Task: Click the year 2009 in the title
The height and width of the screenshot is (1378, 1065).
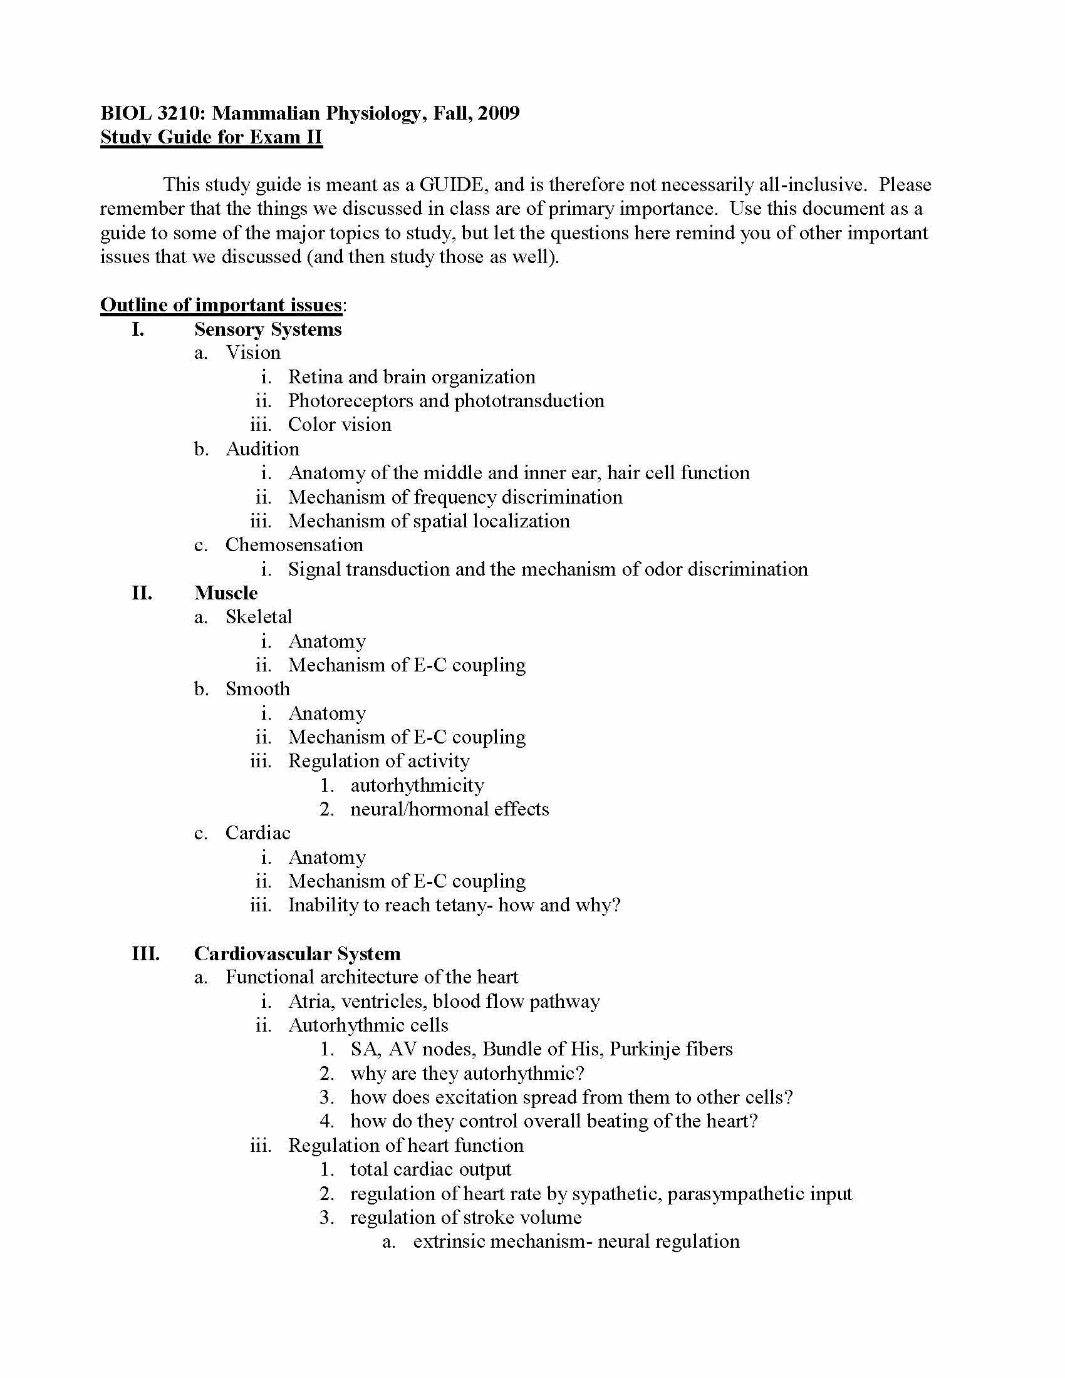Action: point(499,113)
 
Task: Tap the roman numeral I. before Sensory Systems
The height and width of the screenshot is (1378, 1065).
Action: point(138,329)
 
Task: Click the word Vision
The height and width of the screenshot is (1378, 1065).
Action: point(253,352)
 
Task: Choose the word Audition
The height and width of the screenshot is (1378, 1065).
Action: point(262,448)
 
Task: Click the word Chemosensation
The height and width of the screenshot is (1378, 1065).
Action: point(294,544)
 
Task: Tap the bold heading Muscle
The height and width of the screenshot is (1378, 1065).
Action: point(226,593)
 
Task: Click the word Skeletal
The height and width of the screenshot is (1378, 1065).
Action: point(259,616)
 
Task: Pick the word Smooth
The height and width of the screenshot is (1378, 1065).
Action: point(257,688)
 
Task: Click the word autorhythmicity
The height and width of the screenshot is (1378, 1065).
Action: point(417,785)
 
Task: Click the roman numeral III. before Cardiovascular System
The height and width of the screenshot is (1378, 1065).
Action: point(145,953)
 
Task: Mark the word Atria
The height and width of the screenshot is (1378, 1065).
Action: point(309,1002)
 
